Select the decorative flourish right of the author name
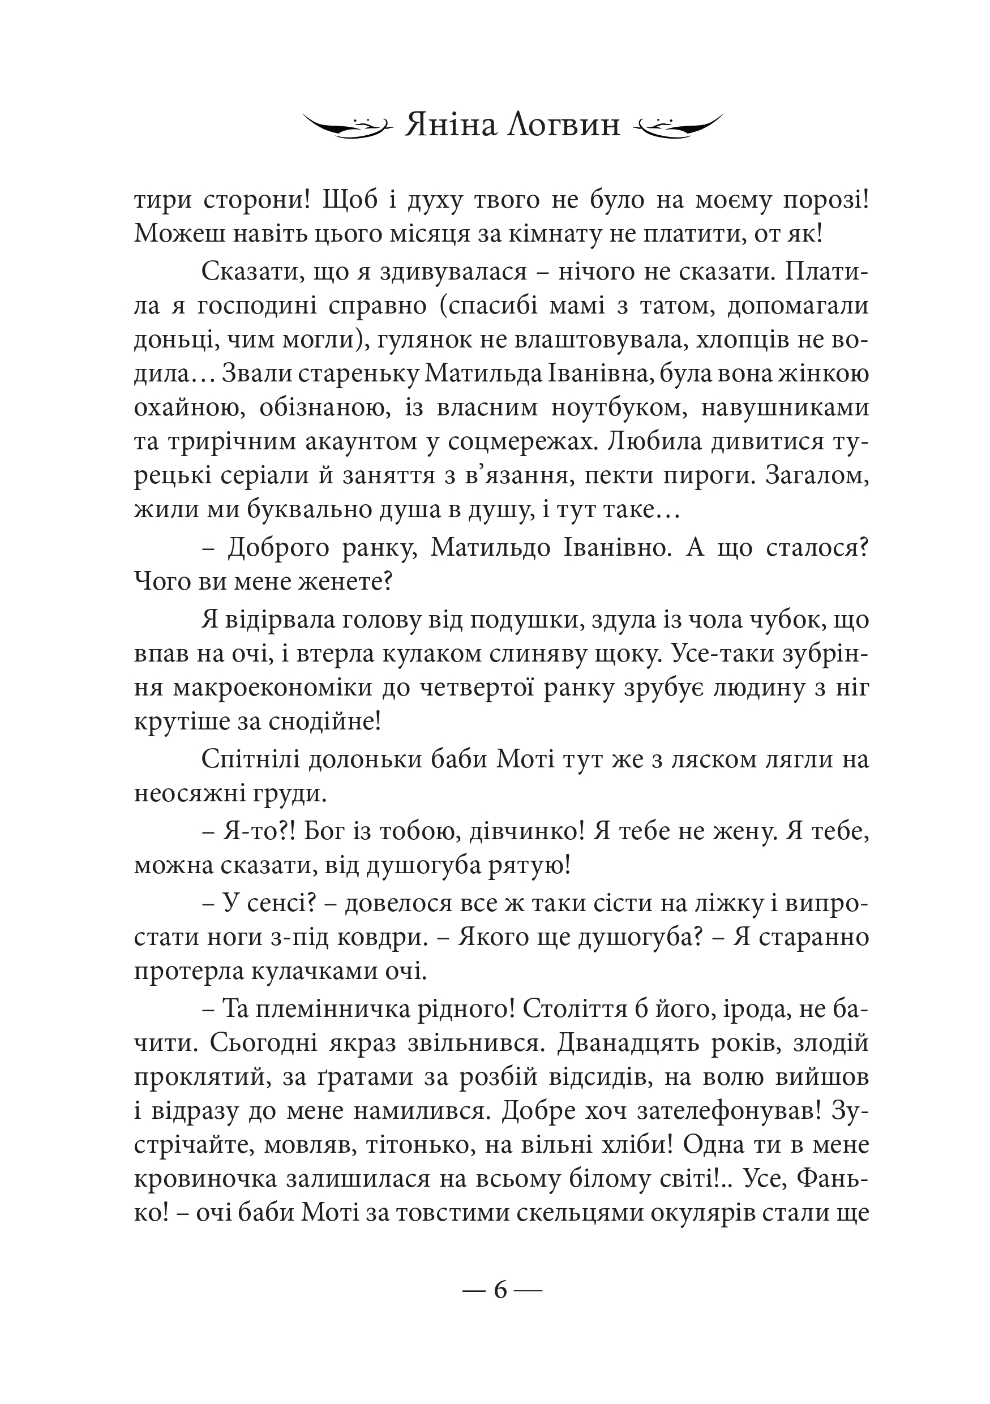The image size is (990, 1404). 679,126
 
